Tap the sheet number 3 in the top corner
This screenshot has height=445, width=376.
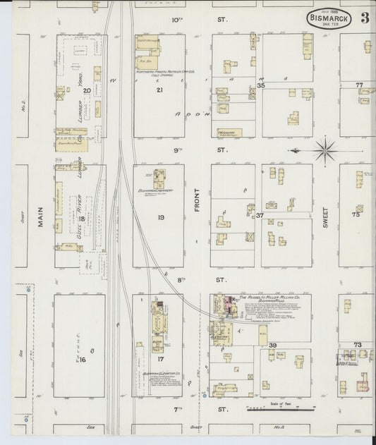tap(365, 18)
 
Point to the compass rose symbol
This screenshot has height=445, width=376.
tap(325, 150)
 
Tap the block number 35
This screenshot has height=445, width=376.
tap(260, 85)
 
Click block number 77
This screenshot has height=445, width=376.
tap(358, 85)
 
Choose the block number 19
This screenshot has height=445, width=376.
tap(160, 218)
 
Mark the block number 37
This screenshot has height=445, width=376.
tap(260, 216)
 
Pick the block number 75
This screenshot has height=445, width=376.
tap(357, 216)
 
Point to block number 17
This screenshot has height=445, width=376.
tap(160, 359)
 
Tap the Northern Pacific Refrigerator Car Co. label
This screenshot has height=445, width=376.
tap(166, 72)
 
